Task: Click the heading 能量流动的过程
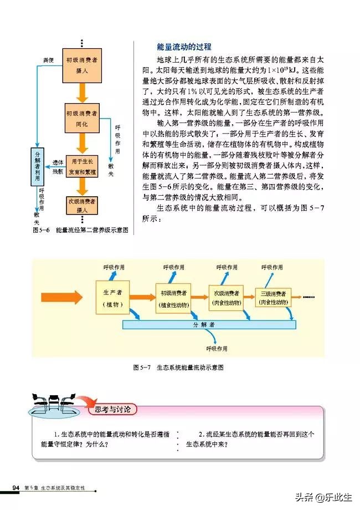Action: (x=184, y=47)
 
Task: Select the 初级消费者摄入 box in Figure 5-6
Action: (x=81, y=65)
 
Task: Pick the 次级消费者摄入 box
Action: (x=82, y=205)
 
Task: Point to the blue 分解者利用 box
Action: (x=37, y=165)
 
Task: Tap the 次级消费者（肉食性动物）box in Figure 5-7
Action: (x=225, y=298)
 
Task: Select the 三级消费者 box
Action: (x=274, y=298)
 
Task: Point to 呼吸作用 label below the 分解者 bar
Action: (x=217, y=349)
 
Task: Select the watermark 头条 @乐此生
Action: (x=327, y=497)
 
